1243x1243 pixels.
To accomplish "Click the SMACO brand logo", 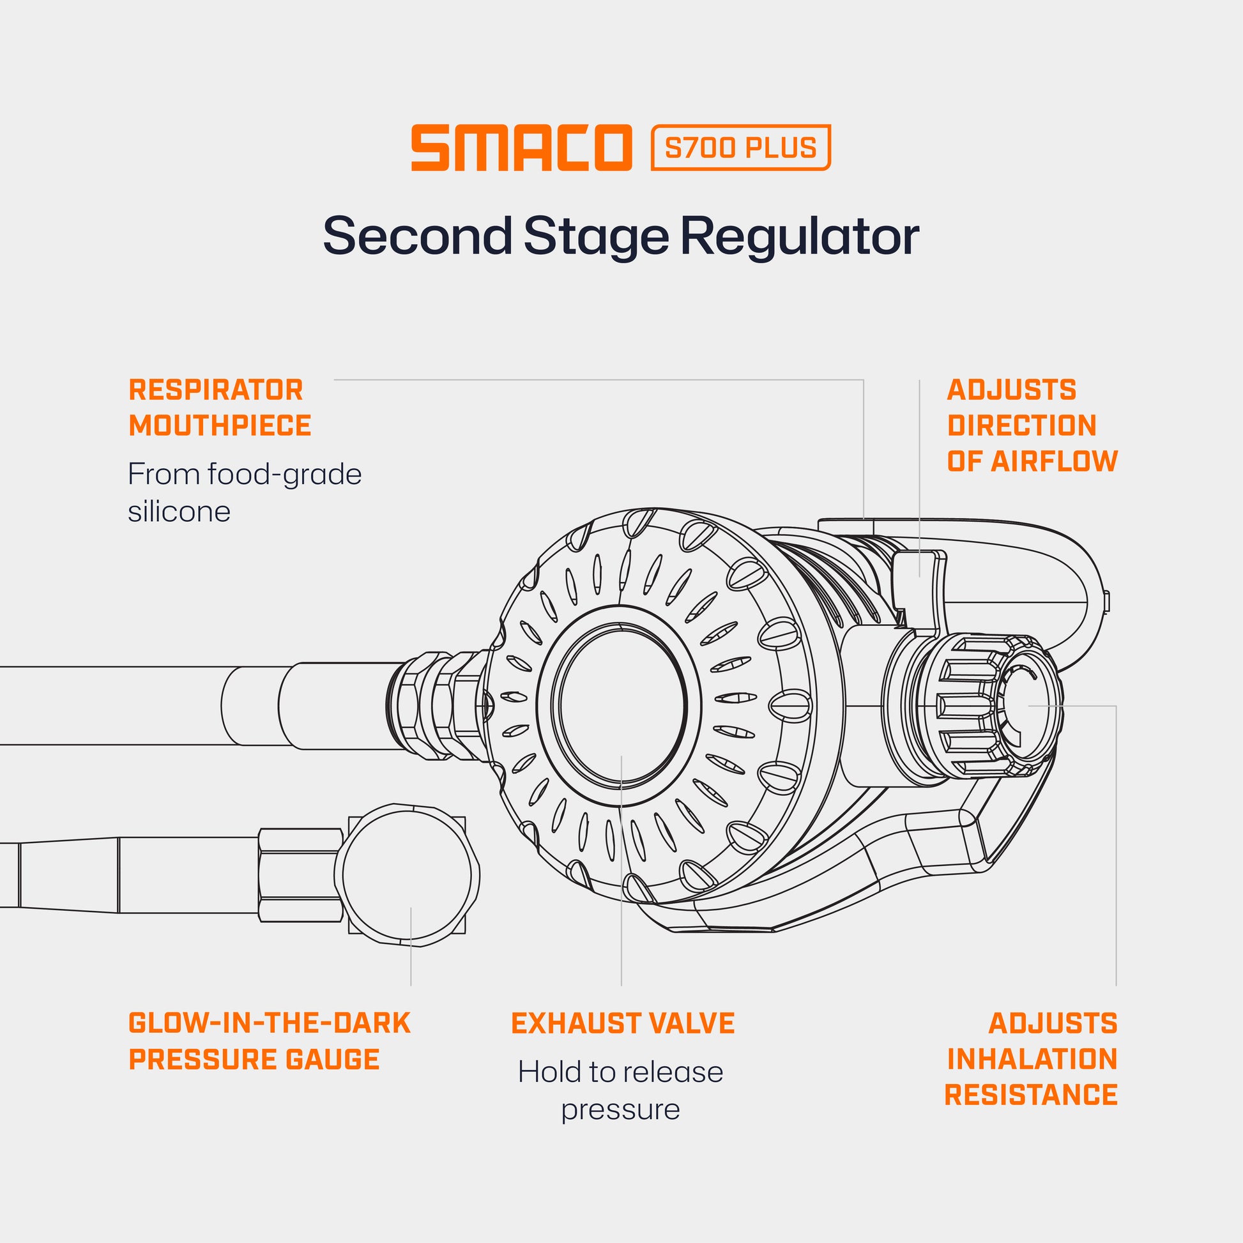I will click(x=521, y=148).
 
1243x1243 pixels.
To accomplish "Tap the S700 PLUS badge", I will click(x=740, y=148).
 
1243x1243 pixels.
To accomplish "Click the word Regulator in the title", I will click(x=800, y=236).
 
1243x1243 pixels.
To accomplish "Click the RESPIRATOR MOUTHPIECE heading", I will click(x=219, y=408).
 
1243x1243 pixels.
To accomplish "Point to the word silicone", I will click(x=179, y=512).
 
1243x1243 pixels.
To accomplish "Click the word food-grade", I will click(x=284, y=475).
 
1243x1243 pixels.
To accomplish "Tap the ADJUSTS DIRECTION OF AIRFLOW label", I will click(x=1032, y=425).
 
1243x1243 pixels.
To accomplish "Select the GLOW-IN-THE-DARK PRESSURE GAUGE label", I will click(x=269, y=1041).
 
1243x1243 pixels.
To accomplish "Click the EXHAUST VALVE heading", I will click(x=622, y=1024).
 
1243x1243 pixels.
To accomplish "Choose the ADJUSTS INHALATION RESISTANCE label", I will click(x=1031, y=1059).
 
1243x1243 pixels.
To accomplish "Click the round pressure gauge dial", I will click(x=407, y=875).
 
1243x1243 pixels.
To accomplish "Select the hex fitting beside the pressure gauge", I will click(x=300, y=875).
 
